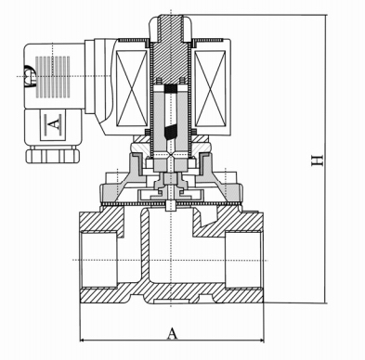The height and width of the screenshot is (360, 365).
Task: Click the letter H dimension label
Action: click(319, 161)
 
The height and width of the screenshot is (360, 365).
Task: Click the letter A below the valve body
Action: click(172, 332)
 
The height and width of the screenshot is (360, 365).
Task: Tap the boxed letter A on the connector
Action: click(52, 121)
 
